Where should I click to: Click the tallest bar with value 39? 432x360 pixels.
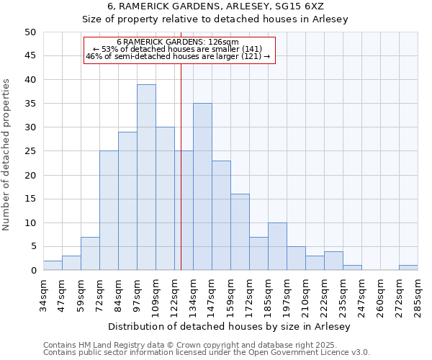pyautogui.click(x=146, y=177)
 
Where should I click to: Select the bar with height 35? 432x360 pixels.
pyautogui.click(x=202, y=186)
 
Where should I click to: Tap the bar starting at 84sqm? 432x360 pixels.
pyautogui.click(x=127, y=201)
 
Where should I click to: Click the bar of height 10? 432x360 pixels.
pyautogui.click(x=277, y=246)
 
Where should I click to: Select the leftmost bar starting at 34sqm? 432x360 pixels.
pyautogui.click(x=53, y=265)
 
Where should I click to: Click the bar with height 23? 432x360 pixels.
pyautogui.click(x=221, y=215)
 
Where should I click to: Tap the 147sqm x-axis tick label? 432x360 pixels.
pyautogui.click(x=212, y=295)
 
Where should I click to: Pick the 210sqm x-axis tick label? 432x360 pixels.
pyautogui.click(x=305, y=295)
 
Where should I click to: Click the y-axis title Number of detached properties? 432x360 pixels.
pyautogui.click(x=6, y=156)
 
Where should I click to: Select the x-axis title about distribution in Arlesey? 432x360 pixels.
pyautogui.click(x=230, y=326)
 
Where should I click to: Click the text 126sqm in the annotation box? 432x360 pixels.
pyautogui.click(x=234, y=42)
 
